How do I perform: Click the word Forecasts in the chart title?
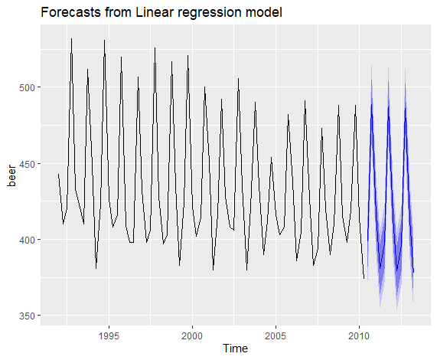[70, 12]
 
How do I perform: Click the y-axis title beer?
[12, 176]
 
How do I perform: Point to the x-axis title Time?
[235, 349]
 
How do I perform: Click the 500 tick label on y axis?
[28, 87]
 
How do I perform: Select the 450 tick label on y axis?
[28, 164]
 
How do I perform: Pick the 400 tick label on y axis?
[28, 240]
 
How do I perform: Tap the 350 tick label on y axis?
[28, 316]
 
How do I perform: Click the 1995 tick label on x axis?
[109, 336]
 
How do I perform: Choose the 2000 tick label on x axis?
[192, 336]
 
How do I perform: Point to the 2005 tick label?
[276, 336]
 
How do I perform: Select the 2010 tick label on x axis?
[359, 336]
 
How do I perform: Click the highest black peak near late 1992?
[71, 39]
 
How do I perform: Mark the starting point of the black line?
[58, 174]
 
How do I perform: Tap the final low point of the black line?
[364, 278]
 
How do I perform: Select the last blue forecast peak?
[405, 108]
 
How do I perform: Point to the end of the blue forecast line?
[413, 273]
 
